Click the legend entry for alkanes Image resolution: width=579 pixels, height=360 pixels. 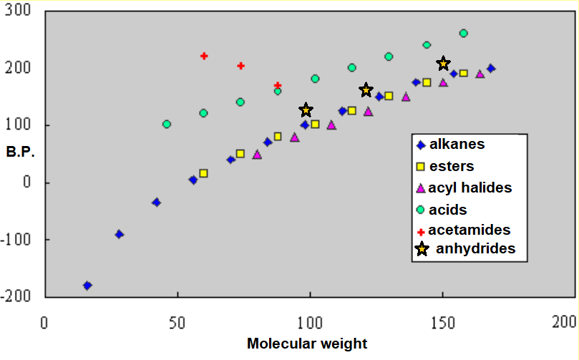point(457,144)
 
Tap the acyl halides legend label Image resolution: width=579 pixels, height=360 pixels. point(469,188)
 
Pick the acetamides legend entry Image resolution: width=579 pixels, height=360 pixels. point(469,230)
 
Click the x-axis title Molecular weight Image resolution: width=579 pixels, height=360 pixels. point(307,343)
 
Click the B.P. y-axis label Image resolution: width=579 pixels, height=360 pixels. point(20,152)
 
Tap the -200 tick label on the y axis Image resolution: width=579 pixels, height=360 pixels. point(20,296)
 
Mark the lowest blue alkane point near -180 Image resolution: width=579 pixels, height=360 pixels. point(87,286)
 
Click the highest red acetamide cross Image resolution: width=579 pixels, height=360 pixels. point(204,56)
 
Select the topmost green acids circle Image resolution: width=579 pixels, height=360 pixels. point(463,34)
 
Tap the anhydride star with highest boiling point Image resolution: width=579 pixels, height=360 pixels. point(443,64)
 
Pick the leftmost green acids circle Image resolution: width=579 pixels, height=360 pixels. point(167,124)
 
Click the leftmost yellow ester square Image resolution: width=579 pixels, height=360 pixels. point(203,173)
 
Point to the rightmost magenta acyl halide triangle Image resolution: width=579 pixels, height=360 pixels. point(480,74)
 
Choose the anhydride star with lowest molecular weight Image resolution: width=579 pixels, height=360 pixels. point(306,110)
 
